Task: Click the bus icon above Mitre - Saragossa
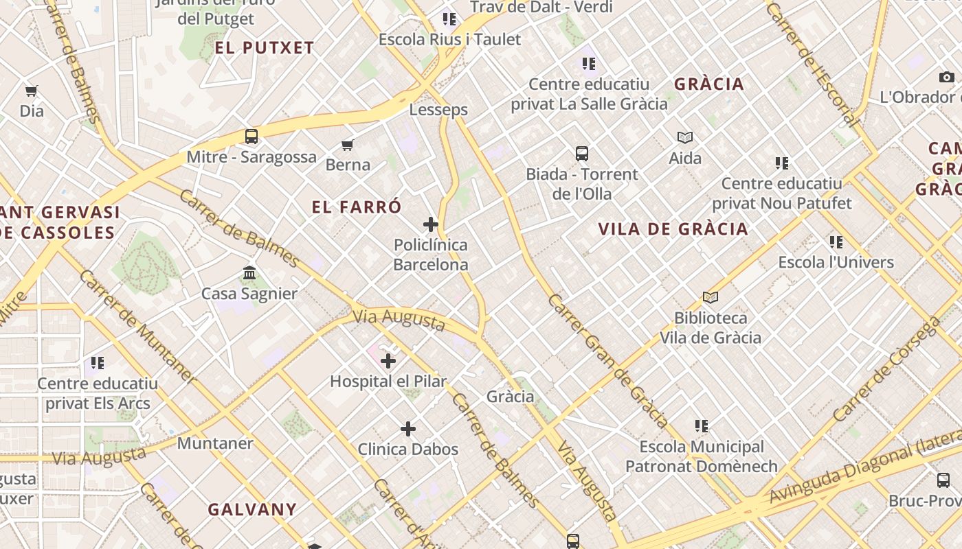coord(251,136)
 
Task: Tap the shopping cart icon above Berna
coord(348,145)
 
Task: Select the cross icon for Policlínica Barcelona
coord(431,224)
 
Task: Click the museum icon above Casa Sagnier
coord(249,273)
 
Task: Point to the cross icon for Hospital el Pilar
coord(388,360)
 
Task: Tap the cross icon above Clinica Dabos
coord(408,429)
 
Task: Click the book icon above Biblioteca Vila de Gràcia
coord(711,297)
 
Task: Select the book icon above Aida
coord(685,137)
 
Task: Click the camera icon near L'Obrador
coord(947,77)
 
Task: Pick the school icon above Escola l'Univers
coord(836,242)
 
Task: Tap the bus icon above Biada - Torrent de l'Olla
coord(582,153)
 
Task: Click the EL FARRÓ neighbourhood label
coord(357,207)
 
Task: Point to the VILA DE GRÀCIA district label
coord(673,229)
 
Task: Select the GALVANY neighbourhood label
coord(252,509)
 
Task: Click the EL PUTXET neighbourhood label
coord(265,48)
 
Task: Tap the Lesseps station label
coord(438,110)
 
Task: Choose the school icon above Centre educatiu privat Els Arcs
coord(98,362)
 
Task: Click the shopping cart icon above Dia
coord(32,91)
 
